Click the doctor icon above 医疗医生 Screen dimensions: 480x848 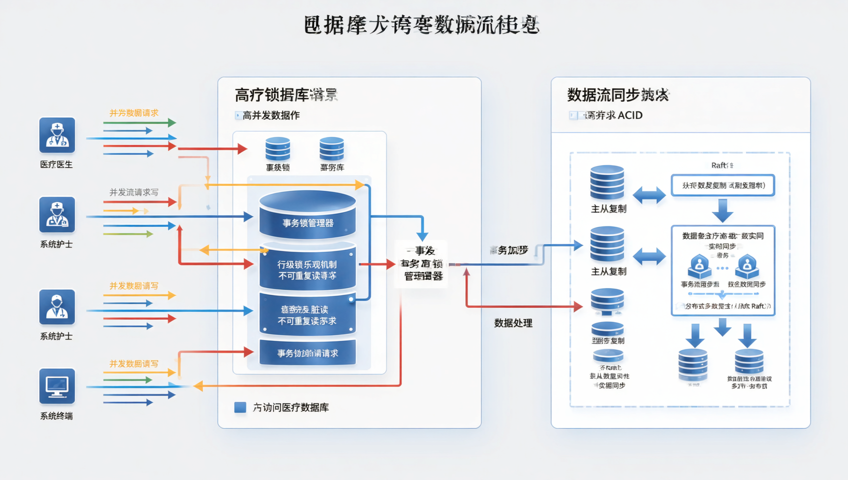tap(57, 135)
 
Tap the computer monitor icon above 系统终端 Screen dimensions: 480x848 tap(57, 386)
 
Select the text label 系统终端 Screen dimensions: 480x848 tap(56, 416)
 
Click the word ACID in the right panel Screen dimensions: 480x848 tap(630, 115)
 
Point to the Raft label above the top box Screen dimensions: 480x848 tap(721, 165)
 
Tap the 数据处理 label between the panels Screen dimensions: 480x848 tap(513, 323)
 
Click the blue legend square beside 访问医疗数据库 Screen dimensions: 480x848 tap(240, 407)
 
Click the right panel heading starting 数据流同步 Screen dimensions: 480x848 tap(618, 95)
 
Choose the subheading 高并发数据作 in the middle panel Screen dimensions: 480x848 tap(270, 115)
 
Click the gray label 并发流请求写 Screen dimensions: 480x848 tap(133, 192)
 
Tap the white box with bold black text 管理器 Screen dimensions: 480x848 tap(421, 264)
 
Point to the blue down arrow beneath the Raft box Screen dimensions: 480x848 tap(722, 210)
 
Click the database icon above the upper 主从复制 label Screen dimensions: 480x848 tap(607, 182)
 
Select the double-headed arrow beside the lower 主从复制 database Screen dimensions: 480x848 tap(649, 257)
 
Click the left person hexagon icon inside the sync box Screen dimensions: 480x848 tap(699, 266)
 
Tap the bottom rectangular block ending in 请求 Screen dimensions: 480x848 tap(307, 353)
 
